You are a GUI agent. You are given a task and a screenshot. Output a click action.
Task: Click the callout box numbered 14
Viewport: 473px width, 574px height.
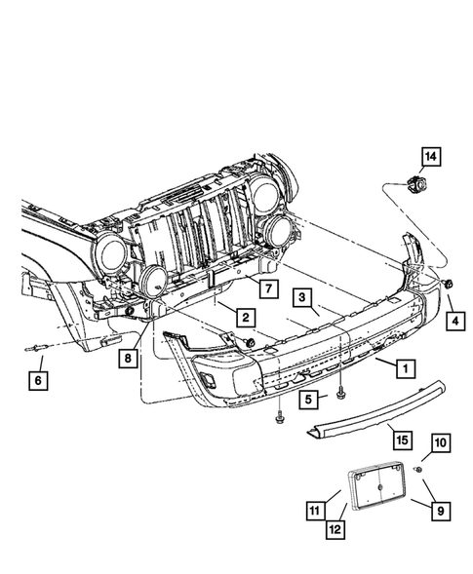(x=430, y=157)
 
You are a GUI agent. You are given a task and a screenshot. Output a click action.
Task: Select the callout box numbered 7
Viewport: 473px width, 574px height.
(x=268, y=288)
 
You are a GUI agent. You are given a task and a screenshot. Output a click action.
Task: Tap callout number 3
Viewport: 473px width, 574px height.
(x=301, y=297)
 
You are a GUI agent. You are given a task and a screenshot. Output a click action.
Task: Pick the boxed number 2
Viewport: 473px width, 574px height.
(x=246, y=317)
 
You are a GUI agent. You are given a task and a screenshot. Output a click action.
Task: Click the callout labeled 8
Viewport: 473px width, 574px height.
(x=128, y=358)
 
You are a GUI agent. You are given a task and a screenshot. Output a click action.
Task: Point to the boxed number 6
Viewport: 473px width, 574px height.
(x=38, y=381)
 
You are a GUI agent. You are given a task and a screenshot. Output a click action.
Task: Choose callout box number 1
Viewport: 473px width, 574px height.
(x=406, y=368)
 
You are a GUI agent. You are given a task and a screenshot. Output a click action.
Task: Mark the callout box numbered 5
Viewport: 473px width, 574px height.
(x=308, y=399)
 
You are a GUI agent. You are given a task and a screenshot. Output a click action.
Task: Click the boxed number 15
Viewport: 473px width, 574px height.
(x=402, y=440)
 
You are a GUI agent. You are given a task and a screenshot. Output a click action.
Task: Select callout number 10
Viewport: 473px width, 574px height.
(x=441, y=443)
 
